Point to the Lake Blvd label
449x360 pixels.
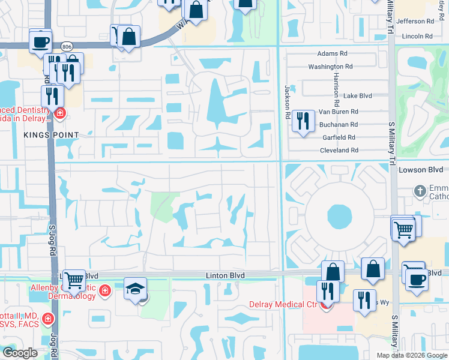pos(357,95)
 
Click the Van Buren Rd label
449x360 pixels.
pos(338,112)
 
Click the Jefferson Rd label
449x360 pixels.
pos(415,21)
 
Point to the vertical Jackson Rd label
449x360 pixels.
pos(287,101)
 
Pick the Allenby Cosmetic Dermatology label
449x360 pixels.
pos(63,292)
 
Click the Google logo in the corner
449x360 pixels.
pos(20,353)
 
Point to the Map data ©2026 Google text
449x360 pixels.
pos(411,355)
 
